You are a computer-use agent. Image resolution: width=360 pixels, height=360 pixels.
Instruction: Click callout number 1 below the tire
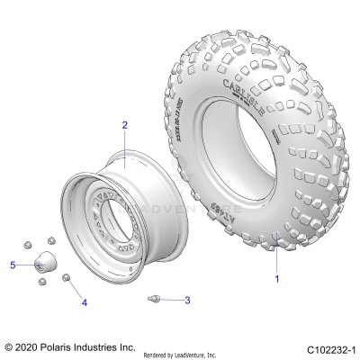click(x=277, y=279)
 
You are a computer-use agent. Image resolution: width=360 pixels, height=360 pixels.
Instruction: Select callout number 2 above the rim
click(x=125, y=126)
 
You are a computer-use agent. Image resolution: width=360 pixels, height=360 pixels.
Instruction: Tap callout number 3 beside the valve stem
click(x=187, y=300)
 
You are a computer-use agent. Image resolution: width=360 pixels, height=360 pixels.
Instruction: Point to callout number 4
click(x=85, y=303)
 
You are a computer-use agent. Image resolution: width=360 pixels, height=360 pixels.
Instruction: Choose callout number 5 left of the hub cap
click(x=13, y=265)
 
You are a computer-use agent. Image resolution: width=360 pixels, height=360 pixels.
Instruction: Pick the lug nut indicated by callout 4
click(x=67, y=279)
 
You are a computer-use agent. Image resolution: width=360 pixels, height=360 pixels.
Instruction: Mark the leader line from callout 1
click(x=274, y=256)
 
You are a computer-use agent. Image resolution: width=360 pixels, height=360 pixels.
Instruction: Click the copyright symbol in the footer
click(x=9, y=345)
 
